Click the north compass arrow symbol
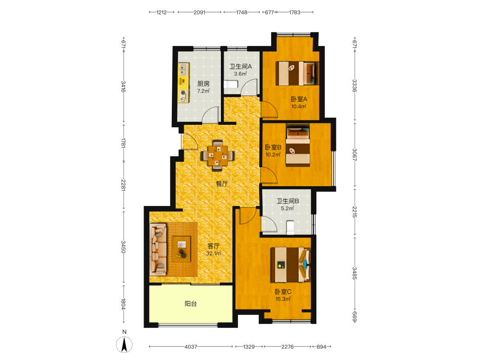pos(124,344)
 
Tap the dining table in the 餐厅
pos(217,156)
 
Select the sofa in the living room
pos(158,249)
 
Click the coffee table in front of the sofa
pos(181,249)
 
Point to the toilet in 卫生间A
pos(231,84)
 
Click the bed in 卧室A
pos(297,73)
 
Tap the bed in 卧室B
pos(298,145)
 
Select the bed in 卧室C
pos(290,264)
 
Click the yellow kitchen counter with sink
pos(184,83)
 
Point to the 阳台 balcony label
pos(191,304)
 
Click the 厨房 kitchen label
pos(203,84)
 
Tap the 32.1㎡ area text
pos(214,253)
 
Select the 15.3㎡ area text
pos(283,299)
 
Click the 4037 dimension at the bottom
pos(191,347)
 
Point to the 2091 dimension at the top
pos(199,12)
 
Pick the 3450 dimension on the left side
pos(123,247)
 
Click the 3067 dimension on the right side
pos(355,155)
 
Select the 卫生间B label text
pos(288,201)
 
